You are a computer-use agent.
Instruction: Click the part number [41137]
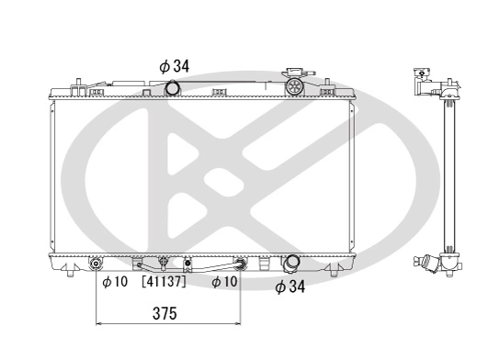click(x=164, y=281)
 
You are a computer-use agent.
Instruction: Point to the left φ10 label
click(x=114, y=281)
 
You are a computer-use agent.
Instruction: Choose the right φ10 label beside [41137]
click(x=225, y=281)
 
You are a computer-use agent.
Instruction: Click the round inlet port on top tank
click(x=172, y=88)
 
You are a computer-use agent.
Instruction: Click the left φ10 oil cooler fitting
click(x=97, y=265)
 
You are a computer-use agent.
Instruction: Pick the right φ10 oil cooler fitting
click(x=241, y=264)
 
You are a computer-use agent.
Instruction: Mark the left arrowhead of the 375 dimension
click(x=99, y=323)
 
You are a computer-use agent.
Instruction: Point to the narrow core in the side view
click(x=449, y=174)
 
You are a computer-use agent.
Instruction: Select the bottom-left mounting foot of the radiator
click(x=70, y=270)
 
